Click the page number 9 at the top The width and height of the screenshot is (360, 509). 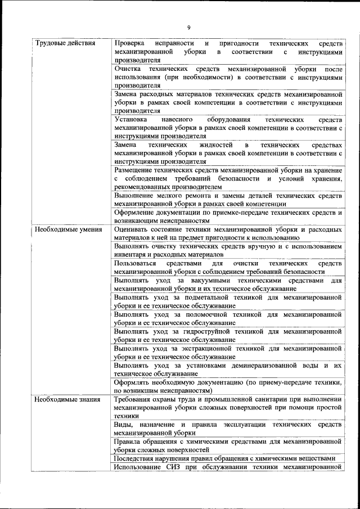[x=189, y=28]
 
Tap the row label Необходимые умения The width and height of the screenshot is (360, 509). [x=67, y=229]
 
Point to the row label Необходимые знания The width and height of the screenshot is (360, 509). [x=66, y=400]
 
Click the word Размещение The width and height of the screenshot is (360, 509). [x=136, y=170]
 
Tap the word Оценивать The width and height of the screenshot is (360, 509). [x=133, y=229]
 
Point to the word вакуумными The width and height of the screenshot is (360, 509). [x=213, y=280]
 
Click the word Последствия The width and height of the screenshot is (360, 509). [x=136, y=458]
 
